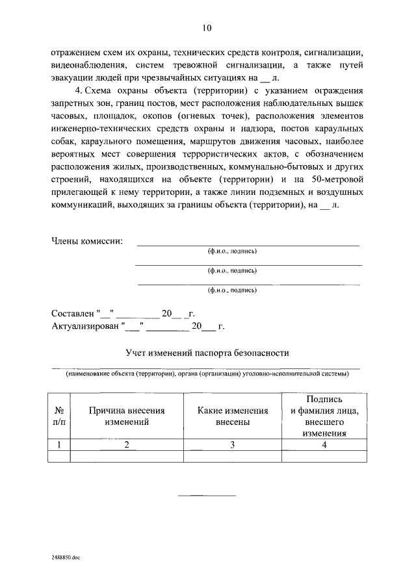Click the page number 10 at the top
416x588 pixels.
tap(207, 27)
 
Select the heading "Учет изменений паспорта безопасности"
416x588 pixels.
tap(207, 353)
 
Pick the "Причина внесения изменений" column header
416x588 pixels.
tap(127, 416)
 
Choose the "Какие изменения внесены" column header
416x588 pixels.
tap(233, 416)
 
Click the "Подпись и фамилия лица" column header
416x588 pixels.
tap(324, 416)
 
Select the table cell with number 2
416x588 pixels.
tap(127, 444)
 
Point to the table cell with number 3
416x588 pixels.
tap(233, 444)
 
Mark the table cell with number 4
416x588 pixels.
tap(324, 444)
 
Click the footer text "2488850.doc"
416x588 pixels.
tap(66, 558)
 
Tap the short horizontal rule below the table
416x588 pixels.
tap(207, 496)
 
